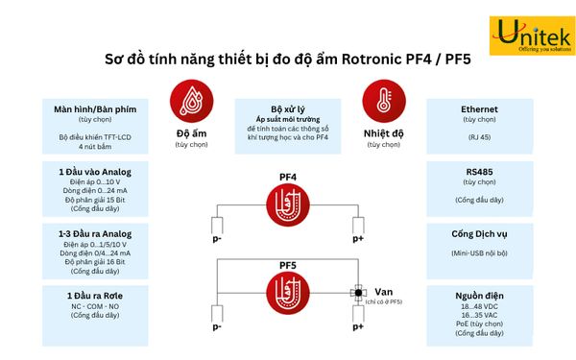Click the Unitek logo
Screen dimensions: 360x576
coord(532,36)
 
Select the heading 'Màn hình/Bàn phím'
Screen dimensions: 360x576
coord(95,109)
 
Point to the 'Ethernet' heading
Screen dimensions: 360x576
coord(479,109)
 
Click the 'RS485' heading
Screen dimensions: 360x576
coord(479,170)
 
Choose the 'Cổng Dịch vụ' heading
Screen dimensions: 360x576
coord(479,233)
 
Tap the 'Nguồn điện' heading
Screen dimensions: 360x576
coord(479,296)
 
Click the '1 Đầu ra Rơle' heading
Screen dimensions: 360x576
coord(94,295)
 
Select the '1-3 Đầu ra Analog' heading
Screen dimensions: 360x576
coord(94,233)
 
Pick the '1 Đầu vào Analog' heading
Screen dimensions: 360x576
coord(94,170)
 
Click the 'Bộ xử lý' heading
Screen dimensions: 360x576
coord(287,109)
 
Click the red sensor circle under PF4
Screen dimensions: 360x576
coord(287,204)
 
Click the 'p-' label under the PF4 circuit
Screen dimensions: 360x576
coord(217,238)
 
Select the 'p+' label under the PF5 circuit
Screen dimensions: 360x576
coord(358,326)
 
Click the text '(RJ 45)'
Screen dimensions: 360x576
coord(479,136)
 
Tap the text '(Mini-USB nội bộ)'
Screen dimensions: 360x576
coord(479,253)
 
